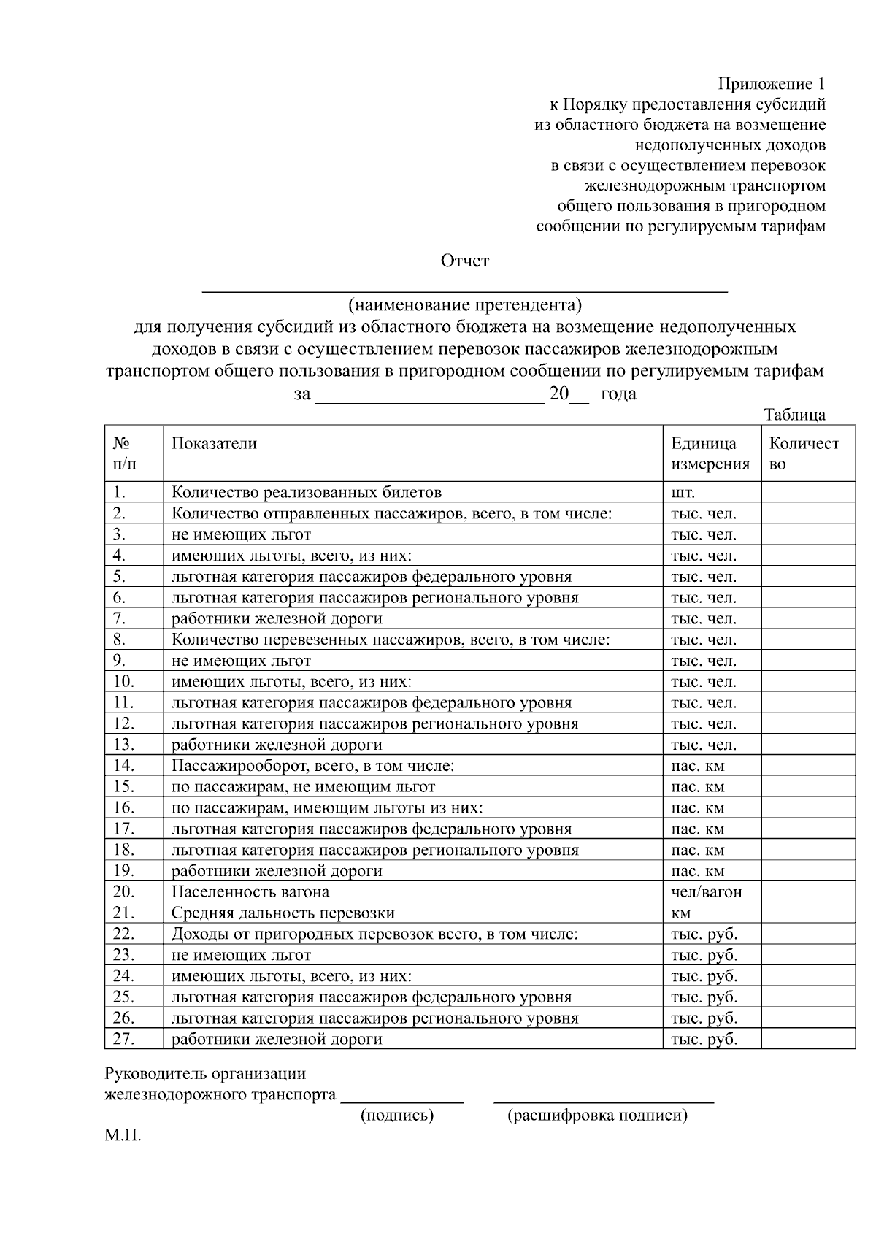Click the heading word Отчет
pos(464,261)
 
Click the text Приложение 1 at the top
pos(772,83)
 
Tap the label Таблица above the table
pos(794,415)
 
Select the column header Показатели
pos(214,443)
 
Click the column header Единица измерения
pos(710,453)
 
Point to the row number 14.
pos(124,766)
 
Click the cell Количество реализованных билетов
pos(307,492)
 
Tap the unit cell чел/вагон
pos(706,892)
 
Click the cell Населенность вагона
pos(250,892)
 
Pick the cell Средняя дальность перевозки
pos(283,913)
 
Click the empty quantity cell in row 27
pos(807,1039)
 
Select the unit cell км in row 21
pos(680,913)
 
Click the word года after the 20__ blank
pos(618,394)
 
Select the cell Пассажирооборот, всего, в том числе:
pos(312,766)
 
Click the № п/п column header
pos(124,453)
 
